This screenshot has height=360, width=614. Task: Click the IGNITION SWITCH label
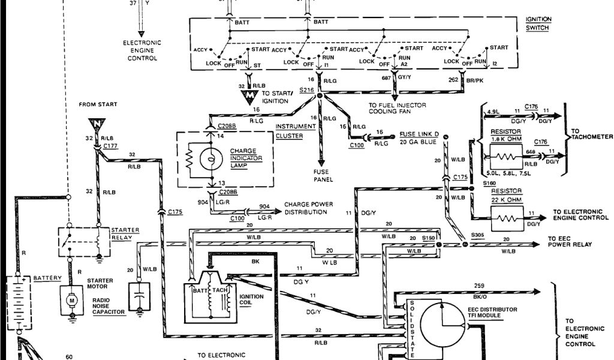coord(538,23)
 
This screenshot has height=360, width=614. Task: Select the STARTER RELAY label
coord(125,233)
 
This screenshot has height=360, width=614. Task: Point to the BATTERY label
coord(47,279)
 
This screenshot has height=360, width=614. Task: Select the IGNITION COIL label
coord(250,299)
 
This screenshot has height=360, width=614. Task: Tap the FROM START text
coord(98,104)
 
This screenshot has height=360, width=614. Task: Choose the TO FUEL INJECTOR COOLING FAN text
coord(398,107)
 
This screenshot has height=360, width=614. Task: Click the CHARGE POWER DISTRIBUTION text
coord(309,208)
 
